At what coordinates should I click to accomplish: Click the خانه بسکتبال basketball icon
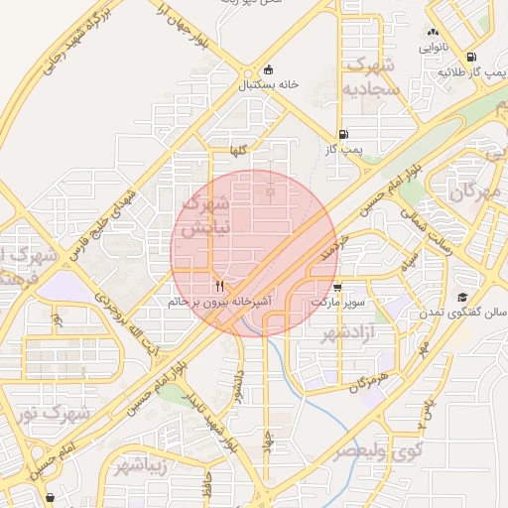click(x=269, y=69)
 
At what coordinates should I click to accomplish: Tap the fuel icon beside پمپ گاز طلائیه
click(x=469, y=57)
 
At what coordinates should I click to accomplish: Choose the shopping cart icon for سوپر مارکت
click(x=337, y=287)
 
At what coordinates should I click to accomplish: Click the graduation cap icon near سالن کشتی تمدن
click(x=462, y=298)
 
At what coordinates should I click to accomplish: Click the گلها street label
click(x=237, y=150)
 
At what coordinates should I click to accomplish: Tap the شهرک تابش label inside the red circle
click(x=207, y=215)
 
